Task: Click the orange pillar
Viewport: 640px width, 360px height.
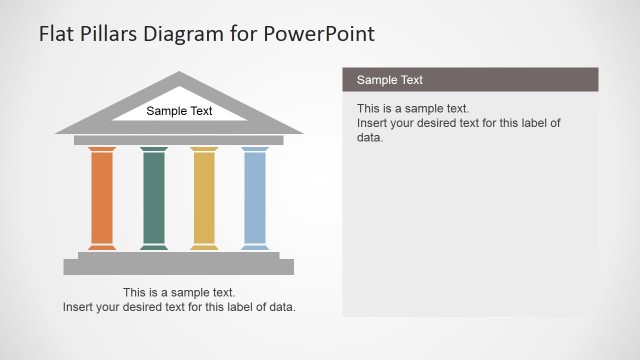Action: (102, 198)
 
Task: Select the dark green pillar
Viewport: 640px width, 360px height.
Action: (154, 198)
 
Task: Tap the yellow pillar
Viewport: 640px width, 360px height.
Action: (204, 198)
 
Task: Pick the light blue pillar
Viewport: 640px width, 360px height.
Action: (255, 198)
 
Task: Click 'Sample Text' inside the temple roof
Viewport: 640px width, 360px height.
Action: (179, 111)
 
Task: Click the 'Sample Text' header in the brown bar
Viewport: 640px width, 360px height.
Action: (390, 80)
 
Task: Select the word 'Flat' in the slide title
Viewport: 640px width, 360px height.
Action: (56, 34)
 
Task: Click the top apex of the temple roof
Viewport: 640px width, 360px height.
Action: (179, 75)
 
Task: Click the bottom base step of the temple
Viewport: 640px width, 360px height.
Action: (179, 267)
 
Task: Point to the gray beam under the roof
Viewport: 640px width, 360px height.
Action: (179, 140)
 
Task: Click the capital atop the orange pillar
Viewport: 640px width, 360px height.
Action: (102, 149)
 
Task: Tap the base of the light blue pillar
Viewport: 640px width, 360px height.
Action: (255, 246)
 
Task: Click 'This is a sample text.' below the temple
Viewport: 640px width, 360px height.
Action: (179, 293)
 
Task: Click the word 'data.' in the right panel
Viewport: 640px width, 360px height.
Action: (370, 137)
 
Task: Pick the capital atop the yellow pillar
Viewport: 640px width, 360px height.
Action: (204, 149)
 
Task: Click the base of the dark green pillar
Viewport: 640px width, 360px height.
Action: (154, 246)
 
